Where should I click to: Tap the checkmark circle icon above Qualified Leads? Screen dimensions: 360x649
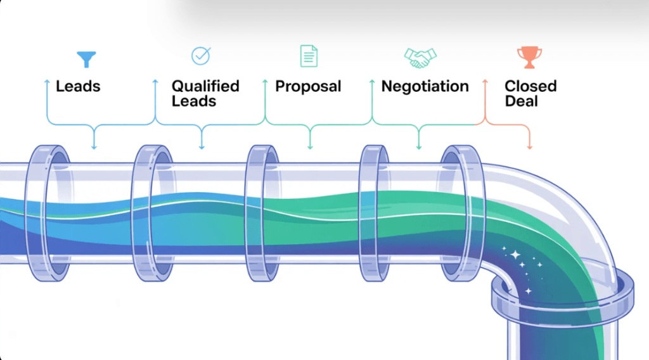(200, 56)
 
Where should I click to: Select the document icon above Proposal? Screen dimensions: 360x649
(308, 56)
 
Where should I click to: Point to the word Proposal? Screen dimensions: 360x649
(308, 87)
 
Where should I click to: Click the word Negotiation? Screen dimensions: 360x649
(425, 87)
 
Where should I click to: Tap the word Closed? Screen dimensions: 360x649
(530, 86)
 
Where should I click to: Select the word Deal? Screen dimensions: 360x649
(521, 101)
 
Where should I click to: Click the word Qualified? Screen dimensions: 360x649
(205, 86)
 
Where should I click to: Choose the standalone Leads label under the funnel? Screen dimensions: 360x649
(79, 86)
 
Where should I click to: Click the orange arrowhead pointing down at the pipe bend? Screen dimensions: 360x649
(530, 148)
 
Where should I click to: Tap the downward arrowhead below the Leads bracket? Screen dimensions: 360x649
(94, 147)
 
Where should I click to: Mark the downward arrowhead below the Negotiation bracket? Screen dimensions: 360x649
(418, 147)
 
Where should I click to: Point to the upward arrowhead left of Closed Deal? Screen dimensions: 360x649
(485, 82)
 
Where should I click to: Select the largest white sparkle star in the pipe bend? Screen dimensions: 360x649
(515, 255)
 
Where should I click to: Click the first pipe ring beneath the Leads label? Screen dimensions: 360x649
(48, 213)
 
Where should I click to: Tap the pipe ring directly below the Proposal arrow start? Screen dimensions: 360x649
(261, 213)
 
